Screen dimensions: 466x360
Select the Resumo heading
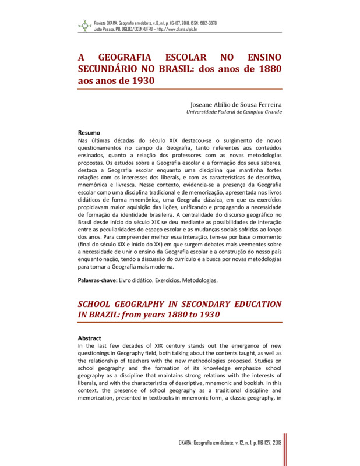pyautogui.click(x=89, y=133)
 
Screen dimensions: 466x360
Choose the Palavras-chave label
pyautogui.click(x=97, y=280)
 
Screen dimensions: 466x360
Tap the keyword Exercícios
pyautogui.click(x=163, y=280)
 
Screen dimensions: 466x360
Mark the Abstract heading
pyautogui.click(x=90, y=338)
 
